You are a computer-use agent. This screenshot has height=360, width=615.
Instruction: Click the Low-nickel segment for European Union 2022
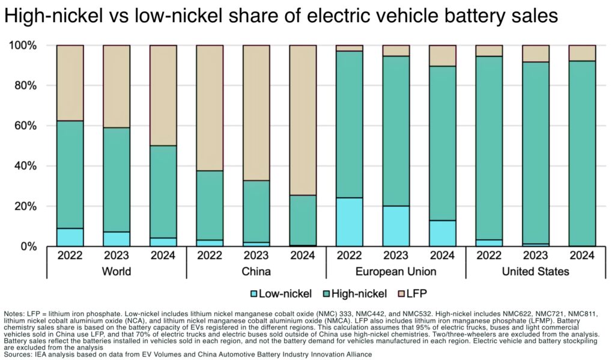[x=350, y=222]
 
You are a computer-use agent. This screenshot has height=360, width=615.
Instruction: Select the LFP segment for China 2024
[x=303, y=120]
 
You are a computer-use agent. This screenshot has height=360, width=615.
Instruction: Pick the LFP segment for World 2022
[x=70, y=83]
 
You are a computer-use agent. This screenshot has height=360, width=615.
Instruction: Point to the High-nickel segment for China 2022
[x=210, y=205]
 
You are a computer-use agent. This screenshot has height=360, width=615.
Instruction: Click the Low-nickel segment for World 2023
[x=117, y=239]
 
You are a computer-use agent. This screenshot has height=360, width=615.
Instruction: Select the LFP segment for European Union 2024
[x=443, y=55]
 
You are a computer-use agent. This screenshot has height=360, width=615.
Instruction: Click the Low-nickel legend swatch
[x=255, y=293]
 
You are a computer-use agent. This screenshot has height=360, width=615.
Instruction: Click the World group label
[x=117, y=272]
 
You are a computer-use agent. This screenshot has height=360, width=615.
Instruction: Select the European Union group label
[x=396, y=272]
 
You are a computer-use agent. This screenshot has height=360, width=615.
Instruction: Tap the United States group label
[x=536, y=272]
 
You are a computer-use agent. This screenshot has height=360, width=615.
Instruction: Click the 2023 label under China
[x=256, y=255]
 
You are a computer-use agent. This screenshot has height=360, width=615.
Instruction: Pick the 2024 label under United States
[x=583, y=255]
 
